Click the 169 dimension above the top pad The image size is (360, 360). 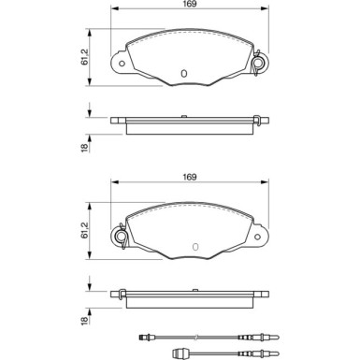pos(190,4)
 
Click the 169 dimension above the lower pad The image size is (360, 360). pos(190,177)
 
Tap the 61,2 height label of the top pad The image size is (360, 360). pos(84,57)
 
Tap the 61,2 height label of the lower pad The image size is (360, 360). pos(84,230)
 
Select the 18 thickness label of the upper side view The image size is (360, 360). pos(84,148)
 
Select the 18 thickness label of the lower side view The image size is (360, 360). pos(84,321)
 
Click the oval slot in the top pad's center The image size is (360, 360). pos(184,74)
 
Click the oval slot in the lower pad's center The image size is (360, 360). pos(195,247)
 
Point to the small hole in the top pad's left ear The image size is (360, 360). pos(122,64)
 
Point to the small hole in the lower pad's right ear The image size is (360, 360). pos(257,237)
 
